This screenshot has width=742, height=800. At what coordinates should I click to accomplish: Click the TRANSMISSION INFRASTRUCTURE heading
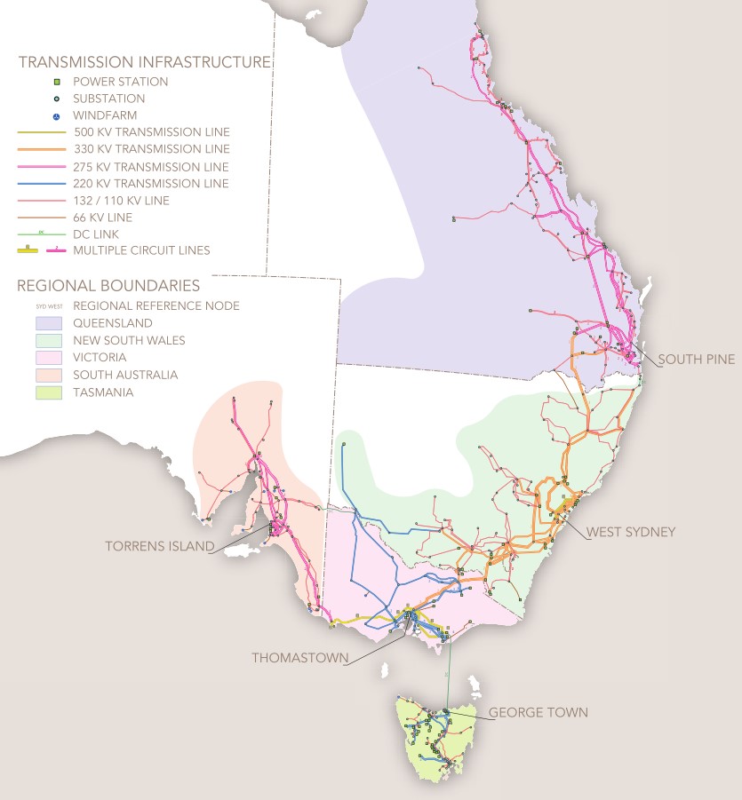point(144,62)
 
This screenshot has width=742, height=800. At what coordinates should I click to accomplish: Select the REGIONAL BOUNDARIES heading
point(108,287)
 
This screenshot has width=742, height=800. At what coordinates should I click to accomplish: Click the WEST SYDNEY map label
point(631,532)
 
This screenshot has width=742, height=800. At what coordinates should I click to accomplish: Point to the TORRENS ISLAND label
point(159,546)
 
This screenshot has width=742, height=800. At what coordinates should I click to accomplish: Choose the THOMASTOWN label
point(299,658)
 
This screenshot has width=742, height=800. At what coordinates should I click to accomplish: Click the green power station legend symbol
point(56,82)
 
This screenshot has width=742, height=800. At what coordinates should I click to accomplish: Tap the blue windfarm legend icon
point(56,116)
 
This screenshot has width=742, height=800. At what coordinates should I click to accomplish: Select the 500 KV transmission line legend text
point(151,133)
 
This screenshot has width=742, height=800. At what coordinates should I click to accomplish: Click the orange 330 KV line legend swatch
point(41,150)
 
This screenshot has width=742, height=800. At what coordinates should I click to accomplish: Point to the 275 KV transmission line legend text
point(151,167)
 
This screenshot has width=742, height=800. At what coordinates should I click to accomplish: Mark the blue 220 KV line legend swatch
point(41,184)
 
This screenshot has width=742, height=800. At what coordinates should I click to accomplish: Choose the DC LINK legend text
point(100,234)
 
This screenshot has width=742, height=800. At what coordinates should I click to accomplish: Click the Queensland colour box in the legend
point(41,323)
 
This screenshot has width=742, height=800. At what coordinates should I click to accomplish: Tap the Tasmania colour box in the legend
point(41,392)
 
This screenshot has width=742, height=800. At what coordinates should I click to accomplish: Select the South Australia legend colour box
point(41,375)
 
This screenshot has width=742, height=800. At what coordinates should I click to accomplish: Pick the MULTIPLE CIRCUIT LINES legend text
point(141,250)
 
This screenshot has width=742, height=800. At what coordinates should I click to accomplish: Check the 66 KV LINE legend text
point(103,218)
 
